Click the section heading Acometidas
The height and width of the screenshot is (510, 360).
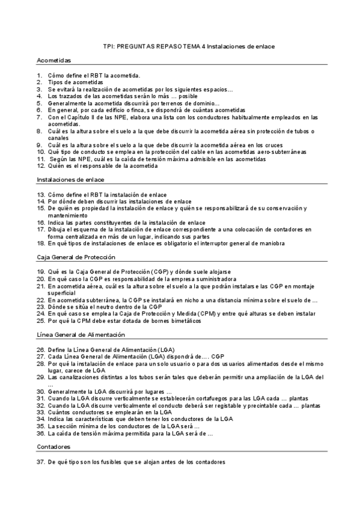pyautogui.click(x=54, y=61)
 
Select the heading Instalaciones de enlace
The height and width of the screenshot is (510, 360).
pyautogui.click(x=70, y=179)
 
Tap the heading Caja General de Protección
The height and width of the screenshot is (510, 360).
pyautogui.click(x=76, y=257)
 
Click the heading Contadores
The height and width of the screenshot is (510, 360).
pyautogui.click(x=53, y=447)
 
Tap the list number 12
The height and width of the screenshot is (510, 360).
pyautogui.click(x=40, y=166)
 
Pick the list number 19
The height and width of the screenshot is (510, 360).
pyautogui.click(x=40, y=272)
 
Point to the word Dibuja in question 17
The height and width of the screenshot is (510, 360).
pyautogui.click(x=58, y=229)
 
